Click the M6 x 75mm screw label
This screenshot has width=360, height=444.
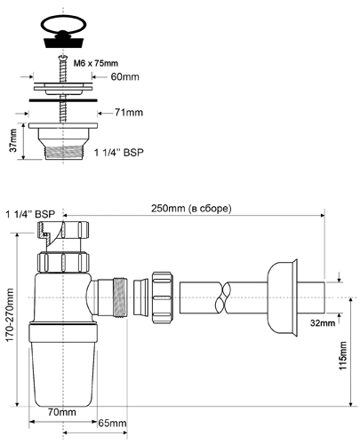pos(96,63)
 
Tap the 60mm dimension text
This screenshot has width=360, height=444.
pos(124,77)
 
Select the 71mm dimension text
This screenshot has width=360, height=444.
pos(129,113)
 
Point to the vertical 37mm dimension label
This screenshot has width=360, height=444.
pos(13,140)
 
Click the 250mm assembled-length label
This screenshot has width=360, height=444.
pos(191,209)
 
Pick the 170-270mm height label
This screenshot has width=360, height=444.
pos(10,314)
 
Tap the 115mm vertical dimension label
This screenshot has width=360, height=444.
pos(343,355)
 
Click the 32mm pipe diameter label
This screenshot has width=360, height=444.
pos(323,322)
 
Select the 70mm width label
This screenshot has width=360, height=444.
pos(62,412)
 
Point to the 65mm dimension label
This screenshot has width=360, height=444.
pos(112,424)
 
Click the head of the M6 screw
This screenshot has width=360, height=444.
pos(62,58)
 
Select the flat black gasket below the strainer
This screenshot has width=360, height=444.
pos(63,100)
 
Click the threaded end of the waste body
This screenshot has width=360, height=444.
pos(63,152)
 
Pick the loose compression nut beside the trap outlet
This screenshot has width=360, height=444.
pos(163,297)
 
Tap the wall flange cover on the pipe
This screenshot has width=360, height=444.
pos(282,297)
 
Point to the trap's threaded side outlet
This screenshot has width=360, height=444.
pos(120,297)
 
